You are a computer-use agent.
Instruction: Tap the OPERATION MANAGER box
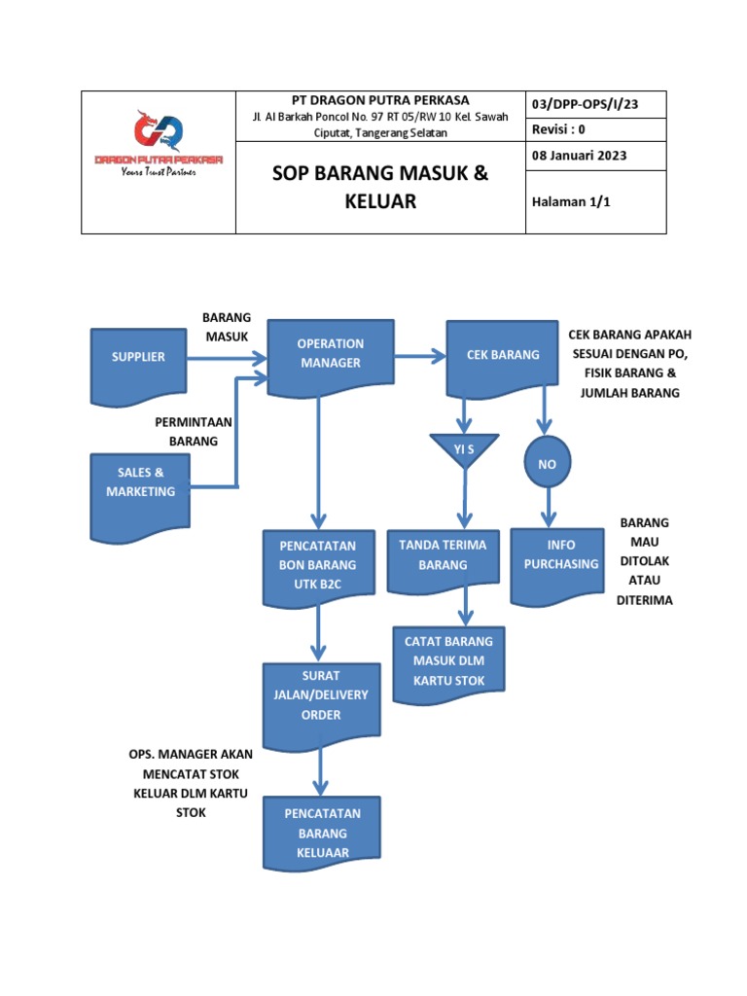tap(330, 355)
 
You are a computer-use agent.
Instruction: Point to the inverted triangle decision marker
tap(464, 449)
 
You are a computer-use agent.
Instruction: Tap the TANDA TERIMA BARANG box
tap(444, 557)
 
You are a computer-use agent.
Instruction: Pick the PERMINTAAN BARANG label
tap(195, 431)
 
